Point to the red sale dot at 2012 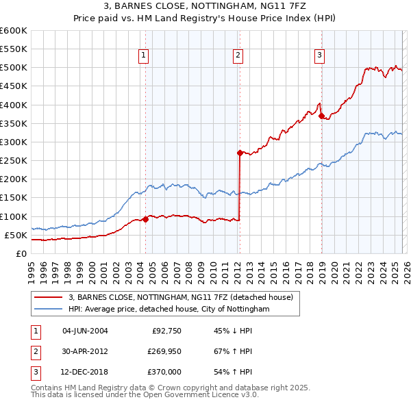coord(240,153)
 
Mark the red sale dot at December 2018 coord(321,116)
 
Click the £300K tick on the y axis coord(14,142)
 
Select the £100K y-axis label coord(14,216)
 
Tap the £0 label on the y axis coord(21,253)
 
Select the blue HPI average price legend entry coord(169,310)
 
